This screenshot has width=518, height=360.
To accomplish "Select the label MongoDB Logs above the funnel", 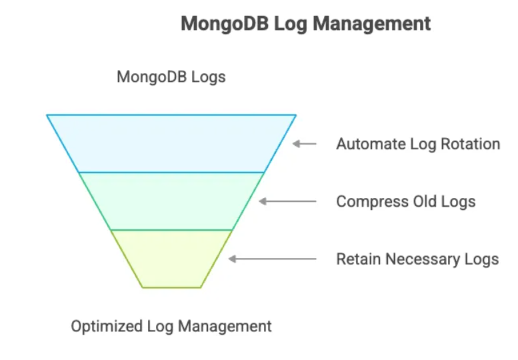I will click(171, 77).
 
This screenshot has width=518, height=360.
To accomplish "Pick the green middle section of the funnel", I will click(171, 201).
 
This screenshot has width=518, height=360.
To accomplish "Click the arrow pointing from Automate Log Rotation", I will click(305, 143).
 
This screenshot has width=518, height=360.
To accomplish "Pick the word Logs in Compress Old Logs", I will click(459, 201).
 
